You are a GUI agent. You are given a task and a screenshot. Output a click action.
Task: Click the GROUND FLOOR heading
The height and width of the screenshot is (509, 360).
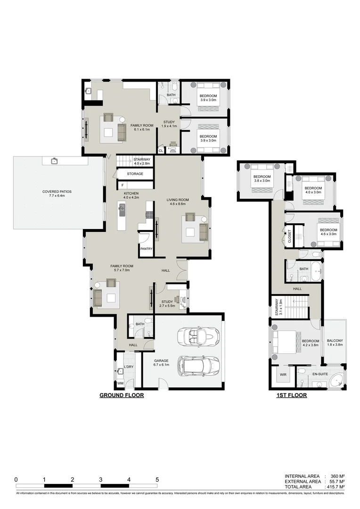[121, 395]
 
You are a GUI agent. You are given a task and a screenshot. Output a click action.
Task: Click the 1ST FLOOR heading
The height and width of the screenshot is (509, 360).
[291, 395]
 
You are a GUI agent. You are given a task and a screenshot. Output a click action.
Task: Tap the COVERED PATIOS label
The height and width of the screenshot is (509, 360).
[57, 194]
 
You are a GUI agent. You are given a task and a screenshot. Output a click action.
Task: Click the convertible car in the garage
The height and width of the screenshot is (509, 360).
[198, 337]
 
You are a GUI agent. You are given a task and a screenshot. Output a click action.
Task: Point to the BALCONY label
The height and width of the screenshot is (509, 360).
[335, 343]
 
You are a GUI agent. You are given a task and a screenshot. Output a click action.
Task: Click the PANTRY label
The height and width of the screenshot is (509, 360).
[146, 248]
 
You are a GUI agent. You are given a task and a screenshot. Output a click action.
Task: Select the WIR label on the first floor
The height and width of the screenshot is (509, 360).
[283, 375]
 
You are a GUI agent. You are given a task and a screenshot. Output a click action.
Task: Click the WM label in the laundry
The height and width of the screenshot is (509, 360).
[120, 383]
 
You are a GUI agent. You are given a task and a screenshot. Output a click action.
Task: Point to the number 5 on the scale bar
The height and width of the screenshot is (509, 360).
[157, 479]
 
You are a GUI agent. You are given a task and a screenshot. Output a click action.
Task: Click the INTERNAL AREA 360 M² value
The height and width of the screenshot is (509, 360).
[335, 476]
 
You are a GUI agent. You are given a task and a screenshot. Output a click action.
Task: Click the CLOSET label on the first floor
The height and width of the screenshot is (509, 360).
[289, 235]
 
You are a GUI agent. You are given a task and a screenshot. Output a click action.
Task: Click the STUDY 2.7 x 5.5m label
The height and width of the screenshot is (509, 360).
[168, 304]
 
